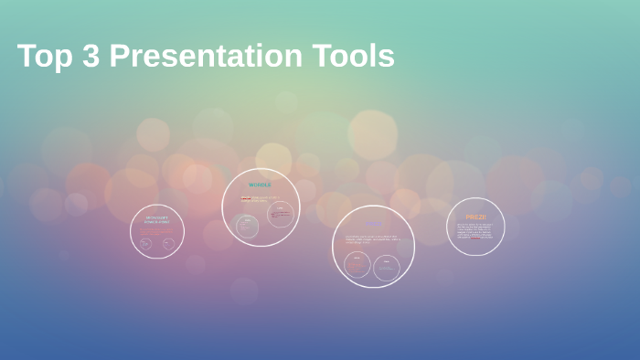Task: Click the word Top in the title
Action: point(43,57)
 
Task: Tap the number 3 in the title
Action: point(90,57)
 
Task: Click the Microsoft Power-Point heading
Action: point(156,220)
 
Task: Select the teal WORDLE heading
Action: point(261,185)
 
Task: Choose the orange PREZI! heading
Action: point(475,217)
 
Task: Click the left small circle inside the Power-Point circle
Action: point(145,244)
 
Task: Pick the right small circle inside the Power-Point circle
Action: point(168,244)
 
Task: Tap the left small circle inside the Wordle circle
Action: point(247,226)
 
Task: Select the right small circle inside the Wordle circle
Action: point(281,215)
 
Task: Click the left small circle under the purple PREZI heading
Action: point(357,264)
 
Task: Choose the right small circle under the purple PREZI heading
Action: point(387,267)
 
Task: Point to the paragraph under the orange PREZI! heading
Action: point(475,231)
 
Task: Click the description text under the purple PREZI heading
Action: point(372,239)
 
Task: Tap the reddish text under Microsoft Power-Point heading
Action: point(155,232)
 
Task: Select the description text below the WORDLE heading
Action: point(260,198)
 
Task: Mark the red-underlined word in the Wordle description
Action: point(246,197)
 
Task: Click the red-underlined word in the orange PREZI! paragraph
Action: point(475,238)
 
